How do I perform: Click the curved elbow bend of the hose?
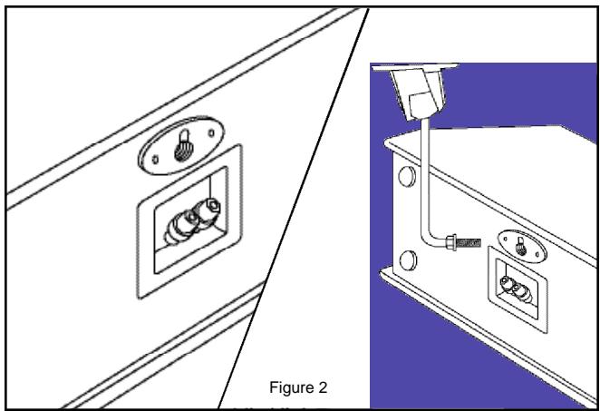pos(428,238)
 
